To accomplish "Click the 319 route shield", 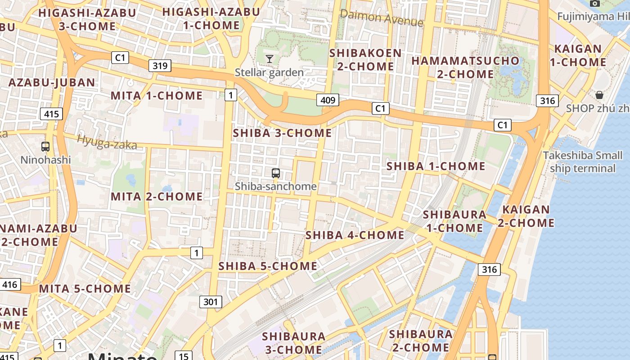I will tap(160, 66).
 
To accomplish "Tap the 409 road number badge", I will tap(327, 100).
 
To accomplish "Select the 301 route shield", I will tap(211, 301).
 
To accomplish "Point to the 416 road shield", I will tap(9, 284).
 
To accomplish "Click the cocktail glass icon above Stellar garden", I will tap(269, 58).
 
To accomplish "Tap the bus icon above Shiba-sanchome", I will tap(275, 173).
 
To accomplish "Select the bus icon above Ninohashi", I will tap(45, 146).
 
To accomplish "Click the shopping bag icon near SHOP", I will tap(599, 95).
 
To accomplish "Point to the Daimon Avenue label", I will tap(382, 18).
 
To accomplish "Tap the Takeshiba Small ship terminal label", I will tap(582, 162).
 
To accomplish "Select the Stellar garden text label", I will tap(269, 72).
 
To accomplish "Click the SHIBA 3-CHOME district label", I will tap(282, 133).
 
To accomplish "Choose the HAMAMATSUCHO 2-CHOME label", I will tap(465, 67).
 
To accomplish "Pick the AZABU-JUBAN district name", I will tap(52, 83).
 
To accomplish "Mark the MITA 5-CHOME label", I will tap(85, 288).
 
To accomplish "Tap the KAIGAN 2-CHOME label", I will tap(526, 216).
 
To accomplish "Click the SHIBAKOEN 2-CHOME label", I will tap(365, 59).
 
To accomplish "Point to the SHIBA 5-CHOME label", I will tap(268, 266).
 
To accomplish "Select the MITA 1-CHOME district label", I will tap(157, 95).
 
